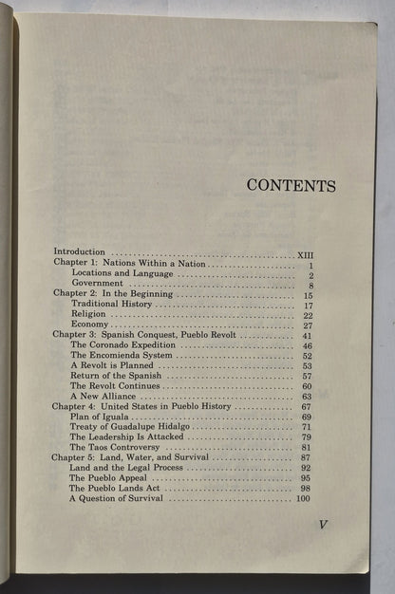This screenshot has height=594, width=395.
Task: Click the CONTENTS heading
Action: pos(291,185)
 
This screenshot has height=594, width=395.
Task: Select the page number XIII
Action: pos(304,253)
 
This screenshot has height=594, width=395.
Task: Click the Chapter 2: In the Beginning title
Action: pos(112,294)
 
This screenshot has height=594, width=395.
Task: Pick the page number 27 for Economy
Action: pos(307,325)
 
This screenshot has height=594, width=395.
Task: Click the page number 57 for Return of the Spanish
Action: pos(307,376)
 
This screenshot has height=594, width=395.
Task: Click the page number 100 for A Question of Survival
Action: pos(304,498)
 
